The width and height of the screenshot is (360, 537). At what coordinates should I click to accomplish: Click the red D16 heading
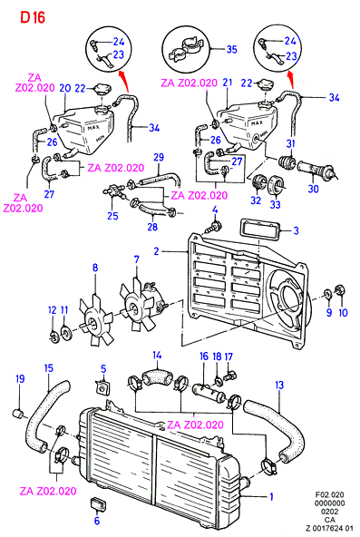[33, 17]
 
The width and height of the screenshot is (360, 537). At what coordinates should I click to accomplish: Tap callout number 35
[231, 49]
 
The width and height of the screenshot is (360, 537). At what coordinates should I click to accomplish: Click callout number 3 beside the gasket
[296, 230]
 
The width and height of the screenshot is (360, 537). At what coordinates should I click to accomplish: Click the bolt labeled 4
[214, 226]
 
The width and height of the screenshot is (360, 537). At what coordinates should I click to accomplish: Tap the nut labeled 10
[340, 290]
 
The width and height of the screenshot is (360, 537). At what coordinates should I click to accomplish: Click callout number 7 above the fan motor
[137, 259]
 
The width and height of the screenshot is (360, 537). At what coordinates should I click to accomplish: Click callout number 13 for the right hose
[279, 385]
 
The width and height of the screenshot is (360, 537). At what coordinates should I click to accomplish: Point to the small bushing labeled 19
[18, 414]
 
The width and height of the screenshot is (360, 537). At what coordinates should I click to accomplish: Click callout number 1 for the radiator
[272, 496]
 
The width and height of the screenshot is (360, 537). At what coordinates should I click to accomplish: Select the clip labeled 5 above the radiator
[102, 387]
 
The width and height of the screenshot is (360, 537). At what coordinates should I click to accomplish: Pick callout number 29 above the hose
[159, 157]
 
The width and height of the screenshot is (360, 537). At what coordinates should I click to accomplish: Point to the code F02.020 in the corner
[329, 495]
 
